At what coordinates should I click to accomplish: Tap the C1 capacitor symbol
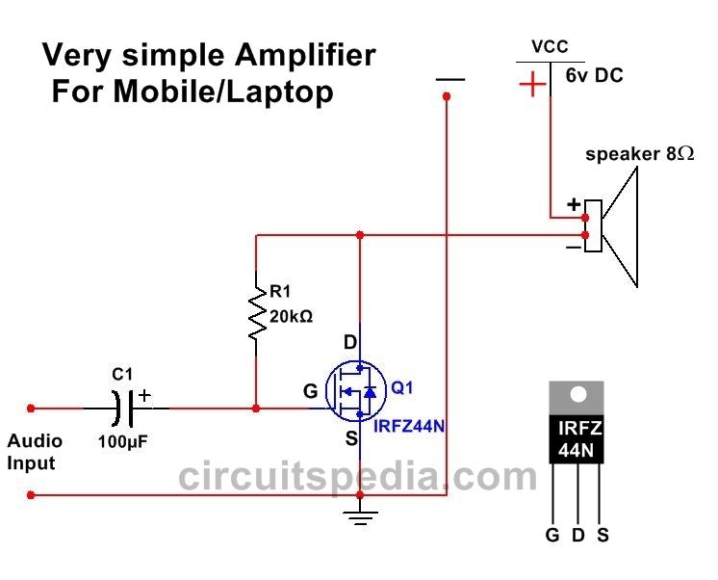[x=126, y=409]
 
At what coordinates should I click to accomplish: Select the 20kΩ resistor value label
[x=290, y=315]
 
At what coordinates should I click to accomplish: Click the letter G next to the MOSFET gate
[x=309, y=391]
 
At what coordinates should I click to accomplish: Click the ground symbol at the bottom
[x=359, y=521]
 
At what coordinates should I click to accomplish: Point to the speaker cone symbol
[x=622, y=226]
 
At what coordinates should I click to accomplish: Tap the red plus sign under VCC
[x=531, y=86]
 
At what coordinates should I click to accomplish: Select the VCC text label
[x=549, y=46]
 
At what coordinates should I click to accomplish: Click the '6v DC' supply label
[x=594, y=74]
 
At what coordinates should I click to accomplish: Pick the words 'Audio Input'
[x=35, y=452]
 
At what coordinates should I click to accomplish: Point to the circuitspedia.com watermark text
[x=358, y=476]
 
